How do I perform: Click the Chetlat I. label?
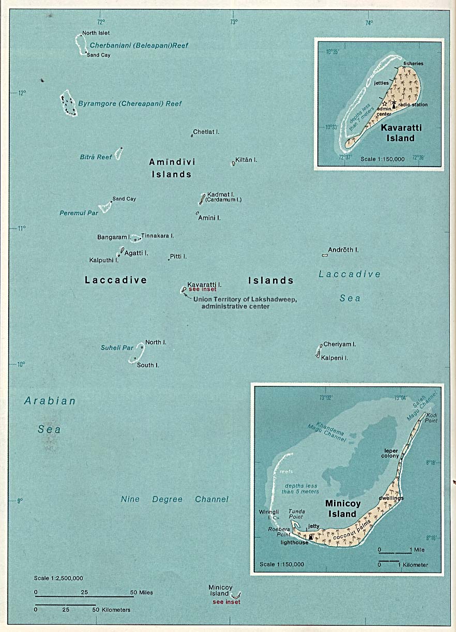point(206,132)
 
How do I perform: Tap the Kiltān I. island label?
point(246,160)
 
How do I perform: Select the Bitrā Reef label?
point(96,157)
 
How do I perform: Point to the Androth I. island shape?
point(325,255)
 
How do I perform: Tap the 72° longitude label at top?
point(100,22)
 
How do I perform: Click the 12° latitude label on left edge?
point(21,93)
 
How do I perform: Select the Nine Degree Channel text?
point(174,499)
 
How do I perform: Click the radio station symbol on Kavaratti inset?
point(394,103)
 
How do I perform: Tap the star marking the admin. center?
point(384,104)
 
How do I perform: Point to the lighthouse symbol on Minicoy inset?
point(310,537)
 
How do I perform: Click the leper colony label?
point(391,453)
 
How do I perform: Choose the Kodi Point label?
point(432,418)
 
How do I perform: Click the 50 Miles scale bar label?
point(141,592)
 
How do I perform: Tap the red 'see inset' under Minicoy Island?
point(226,601)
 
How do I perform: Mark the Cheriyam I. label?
point(340,344)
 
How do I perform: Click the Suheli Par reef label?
point(117,348)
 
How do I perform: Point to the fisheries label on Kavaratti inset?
point(414,64)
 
